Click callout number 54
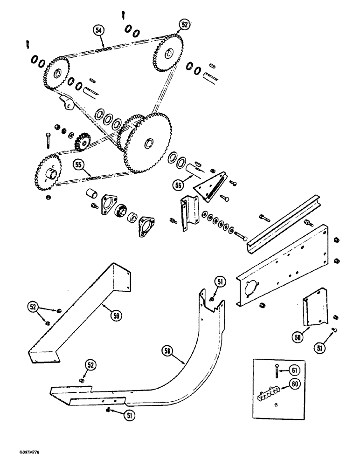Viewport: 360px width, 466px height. click(98, 31)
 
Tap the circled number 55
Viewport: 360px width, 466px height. click(78, 164)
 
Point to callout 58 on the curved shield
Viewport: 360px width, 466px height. click(168, 350)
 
